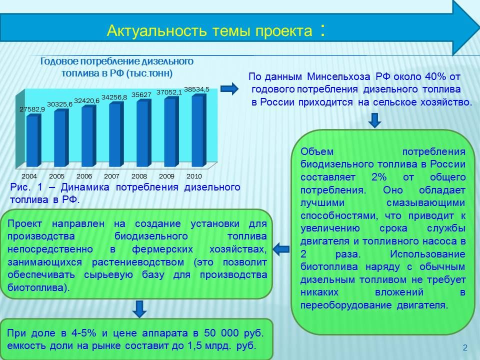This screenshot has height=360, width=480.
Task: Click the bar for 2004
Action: pyautogui.click(x=33, y=140)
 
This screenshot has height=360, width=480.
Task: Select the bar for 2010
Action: pyautogui.click(x=199, y=130)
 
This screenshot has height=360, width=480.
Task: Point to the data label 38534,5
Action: pyautogui.click(x=196, y=89)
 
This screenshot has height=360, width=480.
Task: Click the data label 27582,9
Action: pyautogui.click(x=32, y=109)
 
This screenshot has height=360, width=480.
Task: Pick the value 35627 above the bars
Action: pyautogui.click(x=141, y=95)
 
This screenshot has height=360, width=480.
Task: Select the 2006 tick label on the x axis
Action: pyautogui.click(x=84, y=176)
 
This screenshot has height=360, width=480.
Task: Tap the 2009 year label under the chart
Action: pyautogui.click(x=166, y=176)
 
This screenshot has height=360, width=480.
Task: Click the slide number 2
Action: pyautogui.click(x=465, y=347)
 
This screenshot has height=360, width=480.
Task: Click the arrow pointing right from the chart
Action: pyautogui.click(x=229, y=89)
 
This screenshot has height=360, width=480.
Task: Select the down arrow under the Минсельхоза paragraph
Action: pyautogui.click(x=374, y=120)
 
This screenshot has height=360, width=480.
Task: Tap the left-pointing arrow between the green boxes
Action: pyautogui.click(x=281, y=249)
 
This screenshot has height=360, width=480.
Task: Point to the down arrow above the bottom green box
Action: pyautogui.click(x=139, y=308)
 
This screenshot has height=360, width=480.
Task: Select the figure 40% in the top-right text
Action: pyautogui.click(x=435, y=76)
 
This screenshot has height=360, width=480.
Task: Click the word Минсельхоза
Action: pyautogui.click(x=338, y=76)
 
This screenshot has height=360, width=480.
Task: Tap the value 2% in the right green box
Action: pyautogui.click(x=379, y=177)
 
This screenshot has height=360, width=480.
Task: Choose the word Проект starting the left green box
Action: pyautogui.click(x=24, y=224)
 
